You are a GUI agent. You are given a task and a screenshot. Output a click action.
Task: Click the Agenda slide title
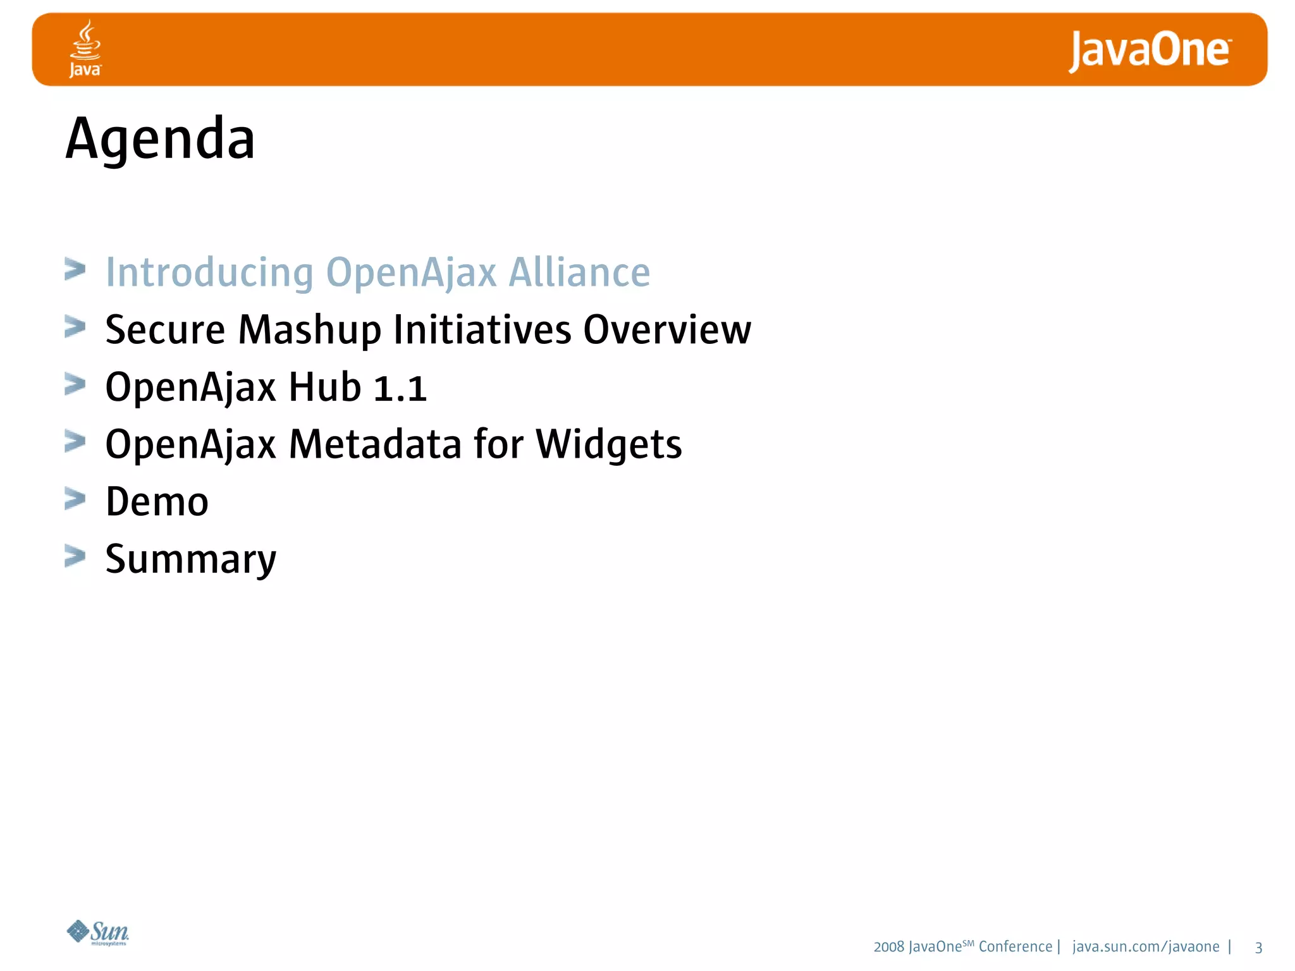pos(161,139)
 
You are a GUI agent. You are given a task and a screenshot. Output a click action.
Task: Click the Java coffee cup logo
pos(85,48)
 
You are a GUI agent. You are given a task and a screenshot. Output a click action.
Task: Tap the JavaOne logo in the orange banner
pos(1149,51)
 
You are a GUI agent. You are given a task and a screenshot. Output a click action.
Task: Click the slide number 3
pos(1258,948)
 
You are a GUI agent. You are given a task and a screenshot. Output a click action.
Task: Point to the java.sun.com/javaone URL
pos(1146,947)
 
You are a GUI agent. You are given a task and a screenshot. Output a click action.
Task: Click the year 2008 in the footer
pos(888,947)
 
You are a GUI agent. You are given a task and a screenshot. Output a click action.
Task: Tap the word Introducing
pos(209,272)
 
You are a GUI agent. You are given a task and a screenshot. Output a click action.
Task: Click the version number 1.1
pos(400,388)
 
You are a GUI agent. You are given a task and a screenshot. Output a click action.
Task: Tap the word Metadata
pos(375,444)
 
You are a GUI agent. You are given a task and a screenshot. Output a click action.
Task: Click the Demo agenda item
pos(157,502)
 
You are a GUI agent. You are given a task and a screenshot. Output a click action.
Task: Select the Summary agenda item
pos(191,559)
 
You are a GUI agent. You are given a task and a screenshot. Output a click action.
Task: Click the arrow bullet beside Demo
pos(75,499)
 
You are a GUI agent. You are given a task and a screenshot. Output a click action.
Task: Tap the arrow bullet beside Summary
pos(75,557)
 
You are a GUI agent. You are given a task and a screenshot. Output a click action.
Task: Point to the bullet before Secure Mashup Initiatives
pos(75,327)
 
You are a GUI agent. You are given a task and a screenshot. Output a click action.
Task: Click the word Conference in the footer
pos(1015,947)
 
